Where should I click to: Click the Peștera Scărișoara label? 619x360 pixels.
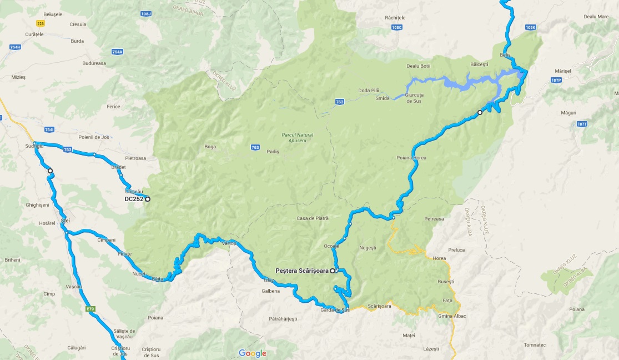coord(302,271)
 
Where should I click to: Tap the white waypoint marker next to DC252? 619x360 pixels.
coord(148,199)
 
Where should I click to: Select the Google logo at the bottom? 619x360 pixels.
coord(253,353)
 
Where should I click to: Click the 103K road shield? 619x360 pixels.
coord(531,27)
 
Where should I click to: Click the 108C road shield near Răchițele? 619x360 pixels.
coord(396,27)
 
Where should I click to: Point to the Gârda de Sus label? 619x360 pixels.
coord(335,309)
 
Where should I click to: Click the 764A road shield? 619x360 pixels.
coord(117,52)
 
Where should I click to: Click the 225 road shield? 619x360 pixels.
coord(40,23)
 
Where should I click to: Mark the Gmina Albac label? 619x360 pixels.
coord(452,316)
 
